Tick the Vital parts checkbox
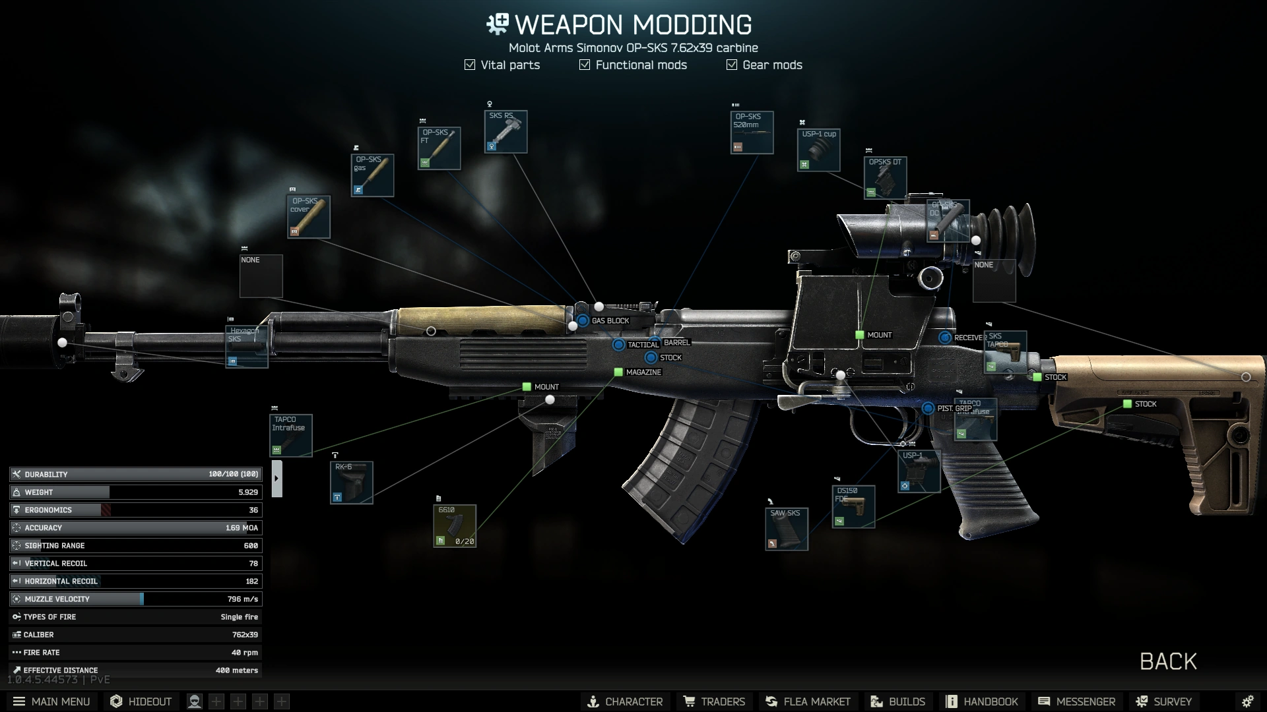coord(470,65)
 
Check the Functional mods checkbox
coord(585,65)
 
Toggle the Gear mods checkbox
coord(732,65)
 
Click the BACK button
coord(1167,661)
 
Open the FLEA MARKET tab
coord(808,701)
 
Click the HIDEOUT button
coord(141,701)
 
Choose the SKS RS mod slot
coord(505,132)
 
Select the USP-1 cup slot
coord(818,150)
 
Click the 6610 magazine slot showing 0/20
coord(455,526)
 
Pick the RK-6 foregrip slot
coord(351,483)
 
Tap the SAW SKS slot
coord(787,529)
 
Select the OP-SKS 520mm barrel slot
coord(752,133)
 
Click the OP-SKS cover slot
coord(309,217)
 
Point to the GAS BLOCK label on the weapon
coord(610,321)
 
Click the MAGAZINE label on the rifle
coord(643,372)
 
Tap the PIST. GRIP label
coord(954,409)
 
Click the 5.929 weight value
coord(248,492)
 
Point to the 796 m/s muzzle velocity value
coord(242,599)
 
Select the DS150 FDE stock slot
coord(853,507)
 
